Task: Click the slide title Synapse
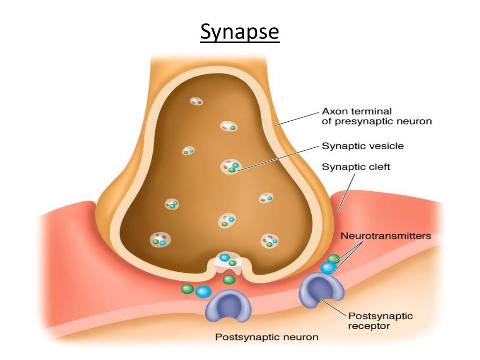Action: [240, 33]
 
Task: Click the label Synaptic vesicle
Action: [362, 146]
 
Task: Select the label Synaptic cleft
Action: [356, 166]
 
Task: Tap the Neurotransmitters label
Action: [386, 236]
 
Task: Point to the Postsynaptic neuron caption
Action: [266, 337]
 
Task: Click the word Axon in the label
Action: [333, 112]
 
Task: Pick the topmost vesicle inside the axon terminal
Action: [196, 101]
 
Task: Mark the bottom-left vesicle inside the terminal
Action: [160, 240]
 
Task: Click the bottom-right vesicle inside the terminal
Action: [270, 241]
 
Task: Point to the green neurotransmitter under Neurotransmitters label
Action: [333, 258]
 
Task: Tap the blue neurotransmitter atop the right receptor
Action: [328, 267]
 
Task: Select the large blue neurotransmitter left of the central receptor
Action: [203, 292]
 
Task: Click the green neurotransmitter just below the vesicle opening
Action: [229, 280]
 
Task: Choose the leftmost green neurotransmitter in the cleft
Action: [187, 289]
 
